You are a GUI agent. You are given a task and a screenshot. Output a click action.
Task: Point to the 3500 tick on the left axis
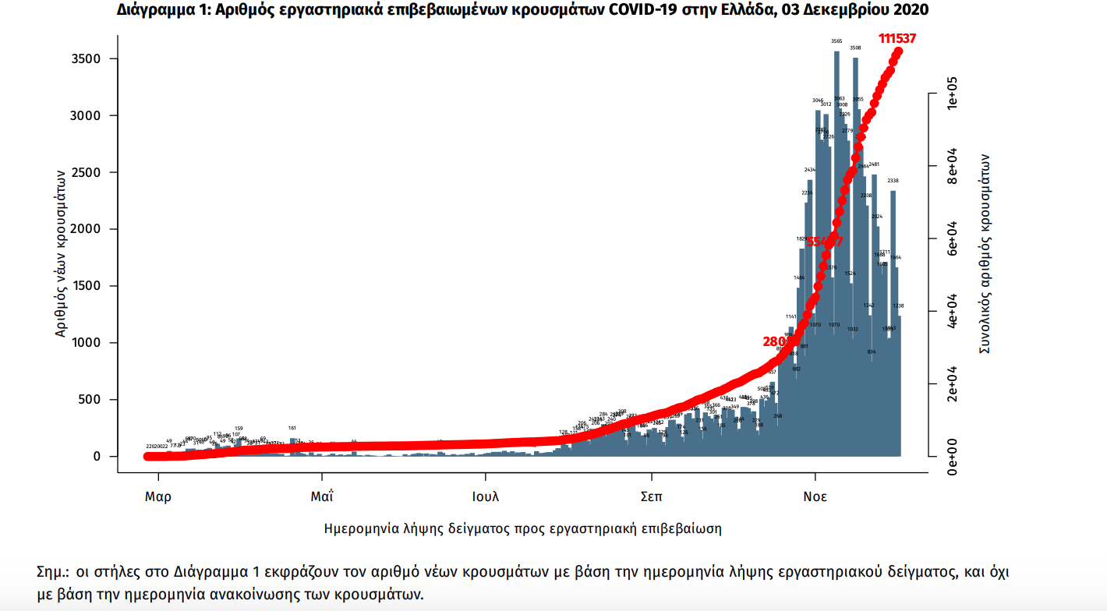tap(86, 59)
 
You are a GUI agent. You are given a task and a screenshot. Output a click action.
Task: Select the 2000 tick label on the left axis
tap(86, 229)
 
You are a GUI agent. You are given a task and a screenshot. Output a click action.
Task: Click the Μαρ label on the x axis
tap(158, 496)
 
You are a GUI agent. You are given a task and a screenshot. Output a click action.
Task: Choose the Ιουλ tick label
tap(486, 496)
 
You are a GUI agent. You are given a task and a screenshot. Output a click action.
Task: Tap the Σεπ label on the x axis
tap(652, 496)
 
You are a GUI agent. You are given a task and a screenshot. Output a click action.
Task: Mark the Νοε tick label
tap(815, 496)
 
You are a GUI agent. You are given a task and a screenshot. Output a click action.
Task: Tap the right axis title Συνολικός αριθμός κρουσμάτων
tap(985, 253)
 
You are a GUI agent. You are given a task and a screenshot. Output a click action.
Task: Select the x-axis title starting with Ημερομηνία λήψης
tap(522, 528)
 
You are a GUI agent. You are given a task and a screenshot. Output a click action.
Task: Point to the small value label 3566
tap(836, 41)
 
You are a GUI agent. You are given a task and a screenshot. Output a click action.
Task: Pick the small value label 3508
tap(855, 48)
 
